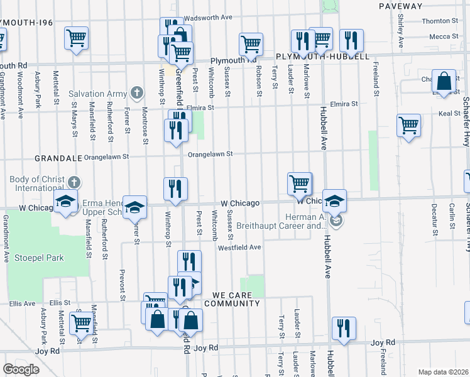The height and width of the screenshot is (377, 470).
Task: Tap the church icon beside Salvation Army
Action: pyautogui.click(x=136, y=94)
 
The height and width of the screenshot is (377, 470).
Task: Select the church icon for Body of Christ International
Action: pyautogui.click(x=74, y=183)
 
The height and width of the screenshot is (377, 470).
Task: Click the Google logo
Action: pyautogui.click(x=21, y=369)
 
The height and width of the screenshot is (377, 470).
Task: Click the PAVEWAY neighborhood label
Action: pyautogui.click(x=401, y=6)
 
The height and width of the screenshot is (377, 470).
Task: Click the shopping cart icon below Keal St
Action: pyautogui.click(x=408, y=125)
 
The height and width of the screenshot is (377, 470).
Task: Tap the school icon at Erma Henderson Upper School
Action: pyautogui.click(x=134, y=207)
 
